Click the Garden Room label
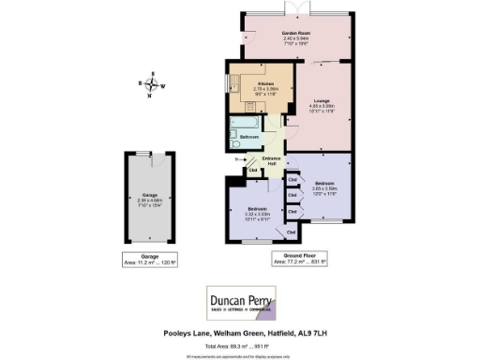[x=296, y=33]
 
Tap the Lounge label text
[x=322, y=100]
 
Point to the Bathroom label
[x=249, y=137]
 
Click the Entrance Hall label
[x=272, y=161]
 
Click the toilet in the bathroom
[x=233, y=143]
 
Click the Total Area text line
[x=240, y=343]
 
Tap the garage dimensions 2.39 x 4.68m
[x=144, y=200]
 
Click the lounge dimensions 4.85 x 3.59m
[x=322, y=106]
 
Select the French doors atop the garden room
[x=296, y=10]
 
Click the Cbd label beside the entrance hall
[x=253, y=171]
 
